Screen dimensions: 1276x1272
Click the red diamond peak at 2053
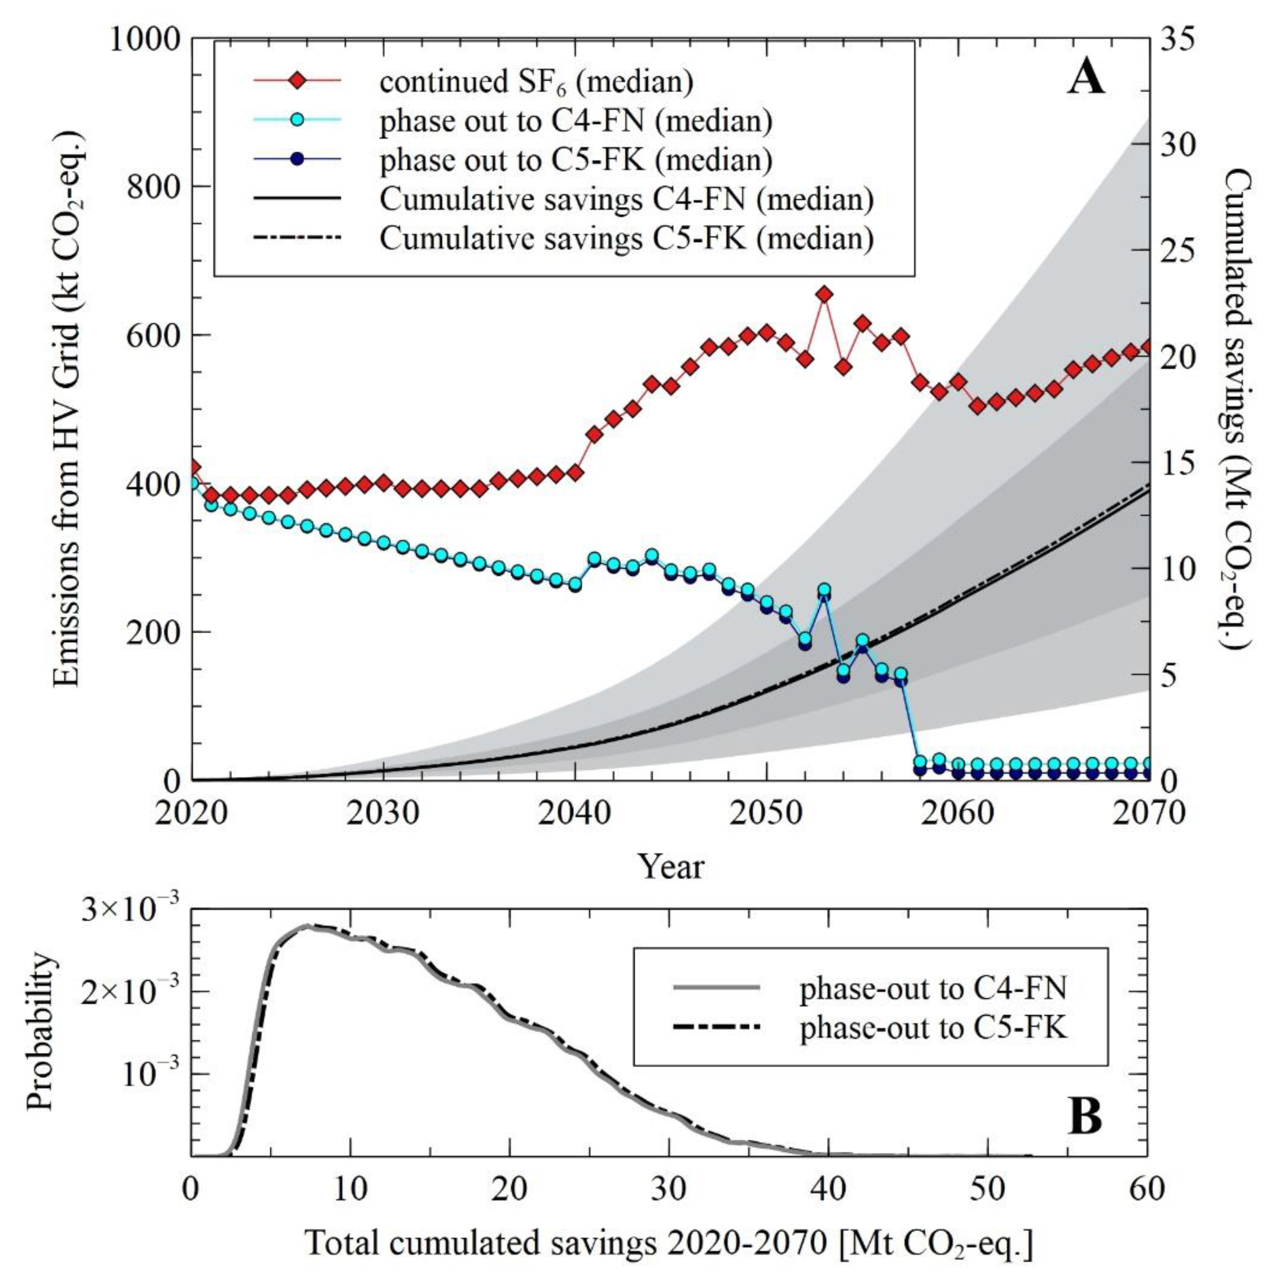824,294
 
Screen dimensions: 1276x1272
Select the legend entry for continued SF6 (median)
536,81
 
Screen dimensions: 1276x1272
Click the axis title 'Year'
670,866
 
